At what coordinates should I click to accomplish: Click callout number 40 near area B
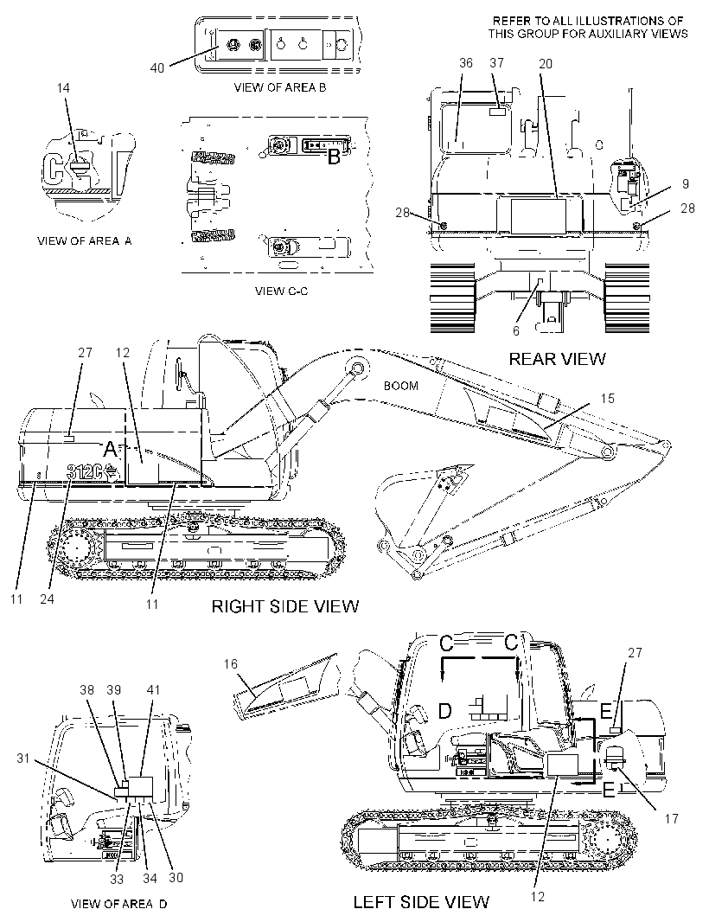[157, 68]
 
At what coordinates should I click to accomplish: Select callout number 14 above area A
[63, 87]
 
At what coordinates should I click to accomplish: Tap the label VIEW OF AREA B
[280, 87]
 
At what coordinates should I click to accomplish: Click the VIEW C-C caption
[281, 291]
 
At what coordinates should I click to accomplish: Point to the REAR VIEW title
[557, 359]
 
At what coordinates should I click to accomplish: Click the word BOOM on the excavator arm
[401, 386]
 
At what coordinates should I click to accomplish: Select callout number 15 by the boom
[607, 398]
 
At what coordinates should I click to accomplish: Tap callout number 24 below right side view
[47, 599]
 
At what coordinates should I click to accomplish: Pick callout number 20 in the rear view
[546, 63]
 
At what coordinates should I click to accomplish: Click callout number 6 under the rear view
[516, 331]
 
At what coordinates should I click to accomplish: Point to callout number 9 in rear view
[686, 184]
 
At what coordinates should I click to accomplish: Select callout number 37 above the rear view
[497, 63]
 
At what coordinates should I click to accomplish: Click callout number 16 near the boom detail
[231, 664]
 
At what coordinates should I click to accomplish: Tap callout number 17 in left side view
[671, 818]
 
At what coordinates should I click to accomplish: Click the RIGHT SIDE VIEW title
[285, 606]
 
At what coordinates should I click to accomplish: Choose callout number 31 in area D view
[23, 759]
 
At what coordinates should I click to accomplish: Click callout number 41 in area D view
[153, 689]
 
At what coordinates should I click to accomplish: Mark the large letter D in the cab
[445, 712]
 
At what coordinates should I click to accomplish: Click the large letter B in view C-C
[334, 157]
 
